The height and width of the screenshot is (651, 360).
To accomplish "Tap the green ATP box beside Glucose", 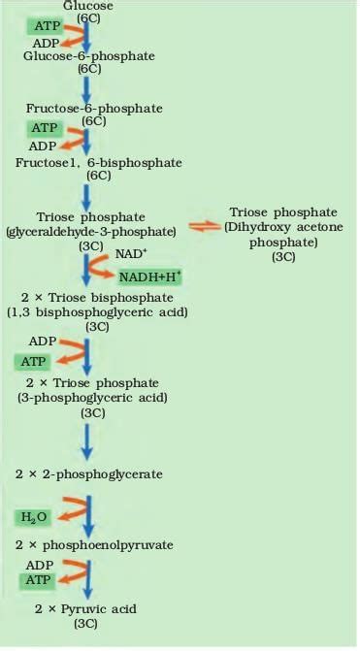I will coord(48,25).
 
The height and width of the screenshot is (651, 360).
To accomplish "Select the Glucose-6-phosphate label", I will coord(89,56).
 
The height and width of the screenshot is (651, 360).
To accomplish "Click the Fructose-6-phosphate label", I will coord(92,108).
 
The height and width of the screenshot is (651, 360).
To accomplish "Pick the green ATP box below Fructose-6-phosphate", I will coord(45,128).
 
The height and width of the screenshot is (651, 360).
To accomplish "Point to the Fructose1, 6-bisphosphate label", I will coord(93,162).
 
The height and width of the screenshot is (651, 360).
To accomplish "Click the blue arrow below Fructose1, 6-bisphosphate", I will coord(87,196).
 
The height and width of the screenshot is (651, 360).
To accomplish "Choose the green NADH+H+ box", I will coord(151,277).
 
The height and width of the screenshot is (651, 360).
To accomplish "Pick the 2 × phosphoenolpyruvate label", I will coord(94,545).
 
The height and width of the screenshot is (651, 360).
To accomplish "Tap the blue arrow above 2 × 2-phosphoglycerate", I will coord(87,440).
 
